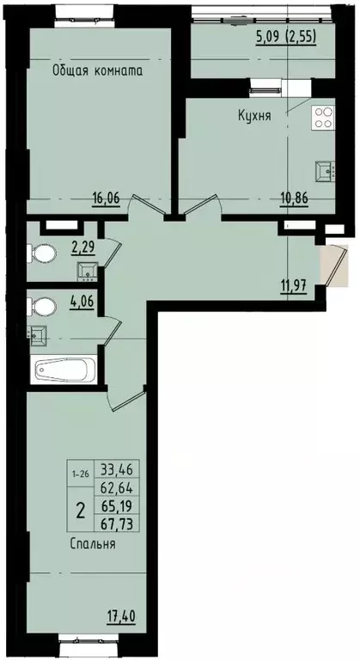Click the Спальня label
tap(94, 544)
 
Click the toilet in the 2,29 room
tap(40, 254)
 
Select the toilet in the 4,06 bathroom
tap(40, 306)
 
